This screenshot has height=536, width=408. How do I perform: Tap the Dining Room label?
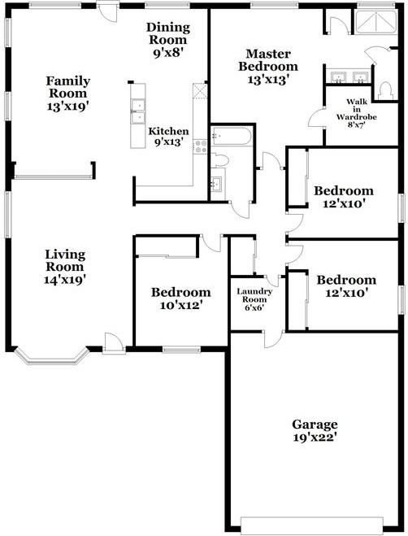(167, 39)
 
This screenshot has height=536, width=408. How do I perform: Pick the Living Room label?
(65, 266)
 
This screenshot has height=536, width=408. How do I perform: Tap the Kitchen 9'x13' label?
(168, 136)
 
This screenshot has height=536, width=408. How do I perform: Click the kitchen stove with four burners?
(200, 148)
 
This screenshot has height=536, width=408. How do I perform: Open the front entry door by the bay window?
(114, 345)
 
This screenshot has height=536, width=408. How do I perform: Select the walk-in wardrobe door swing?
(317, 119)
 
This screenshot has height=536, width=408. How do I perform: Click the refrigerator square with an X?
(197, 91)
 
